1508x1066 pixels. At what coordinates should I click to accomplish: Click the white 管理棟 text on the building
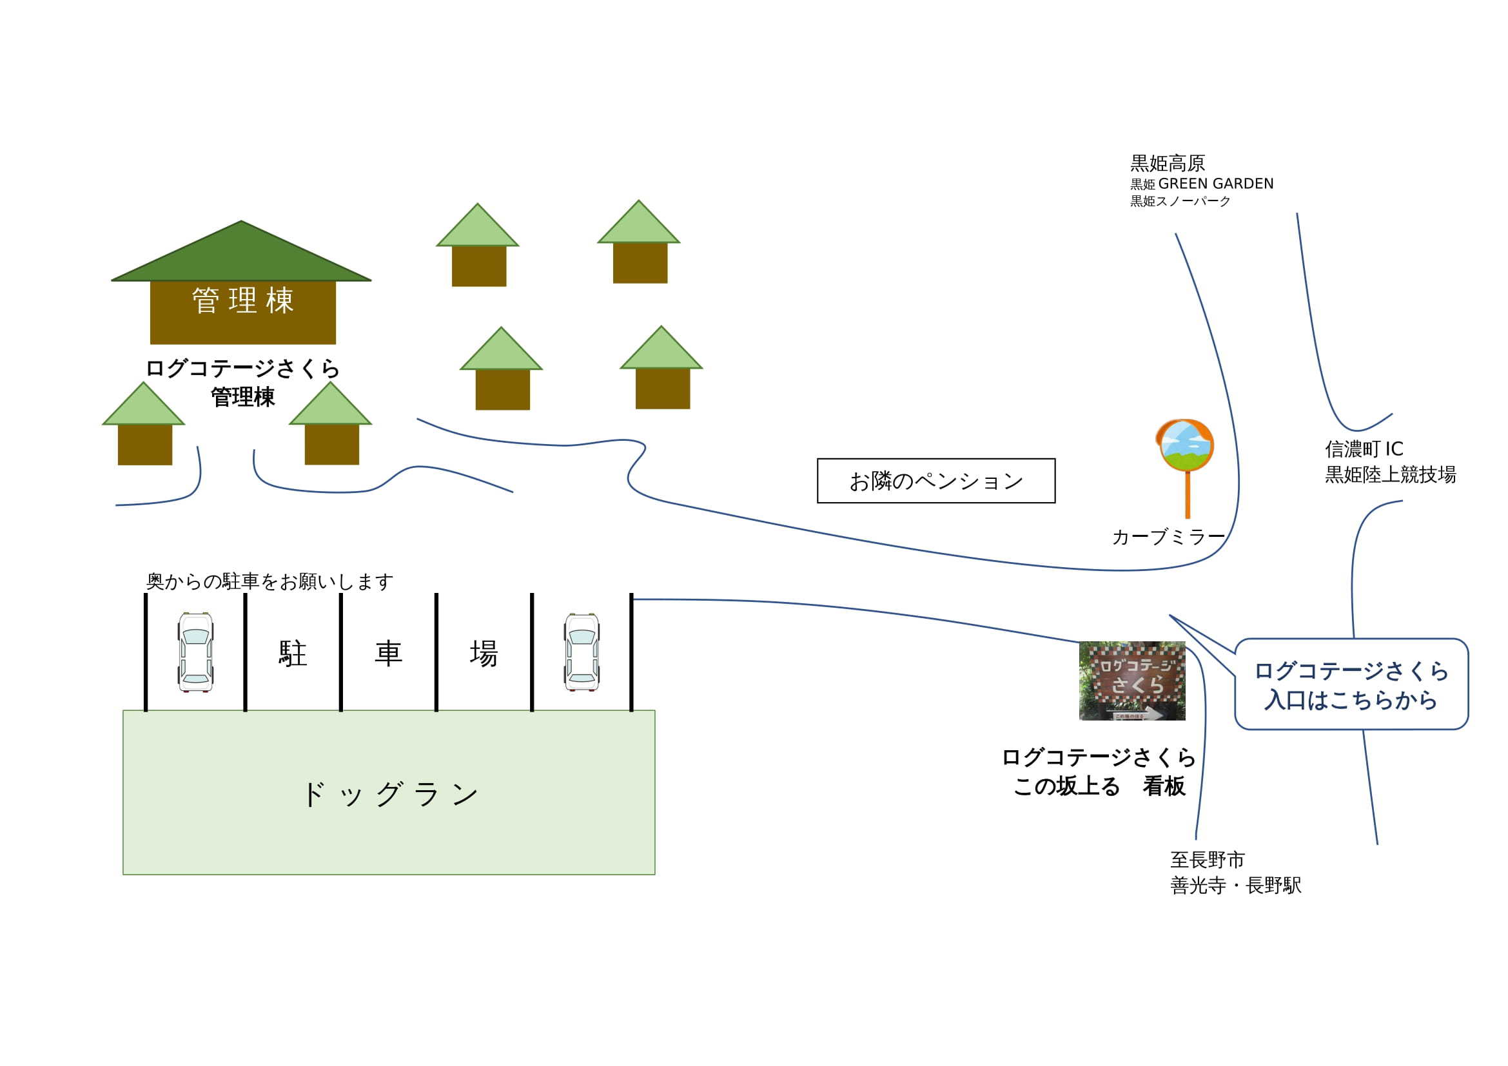(x=242, y=300)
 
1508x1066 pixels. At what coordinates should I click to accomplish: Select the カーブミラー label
(x=1168, y=538)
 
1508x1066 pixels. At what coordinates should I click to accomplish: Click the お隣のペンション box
(x=936, y=481)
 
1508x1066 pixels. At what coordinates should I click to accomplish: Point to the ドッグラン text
(x=389, y=795)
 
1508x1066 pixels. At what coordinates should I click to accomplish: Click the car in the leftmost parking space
(x=195, y=652)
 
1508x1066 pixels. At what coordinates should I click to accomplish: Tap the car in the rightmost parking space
(x=582, y=652)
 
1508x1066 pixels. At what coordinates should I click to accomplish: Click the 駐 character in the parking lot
(x=292, y=654)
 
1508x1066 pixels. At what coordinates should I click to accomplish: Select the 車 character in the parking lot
(x=388, y=654)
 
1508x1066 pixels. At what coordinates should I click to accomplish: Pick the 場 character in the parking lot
(x=484, y=654)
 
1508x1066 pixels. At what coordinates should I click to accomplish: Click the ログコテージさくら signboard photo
(x=1131, y=681)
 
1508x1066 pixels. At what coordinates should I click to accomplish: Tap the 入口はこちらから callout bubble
(x=1351, y=685)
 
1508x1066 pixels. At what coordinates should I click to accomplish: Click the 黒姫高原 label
(x=1167, y=163)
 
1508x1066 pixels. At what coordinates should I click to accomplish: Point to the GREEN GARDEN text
(x=1215, y=184)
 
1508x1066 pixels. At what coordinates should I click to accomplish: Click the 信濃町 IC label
(x=1364, y=449)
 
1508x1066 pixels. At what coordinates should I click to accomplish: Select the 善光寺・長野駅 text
(x=1235, y=886)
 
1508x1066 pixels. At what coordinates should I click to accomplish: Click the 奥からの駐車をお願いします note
(x=269, y=581)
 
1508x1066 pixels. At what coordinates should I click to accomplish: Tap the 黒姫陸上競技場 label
(x=1390, y=474)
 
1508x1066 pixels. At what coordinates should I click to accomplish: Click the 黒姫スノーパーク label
(x=1180, y=201)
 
